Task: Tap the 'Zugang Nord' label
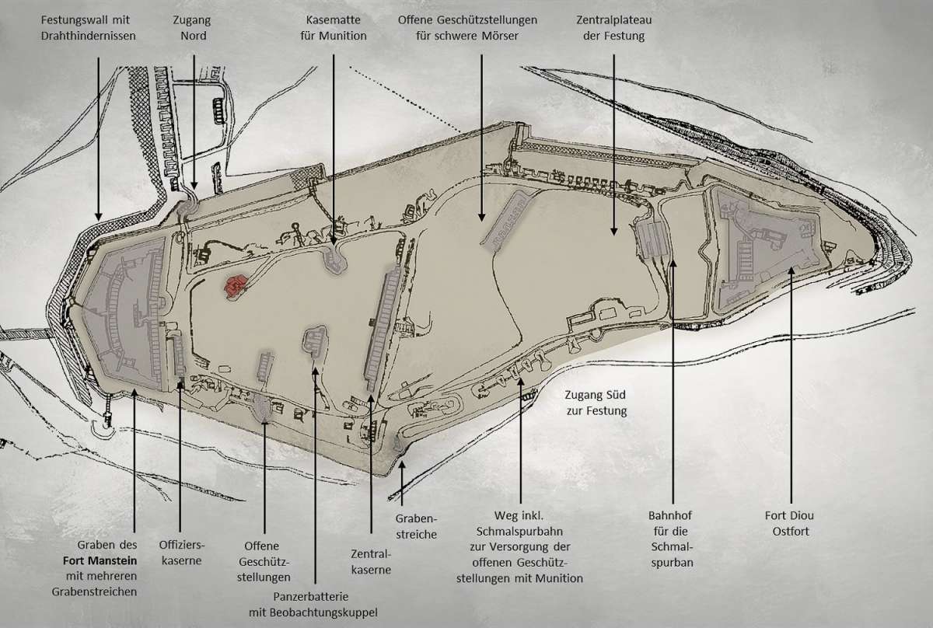193,27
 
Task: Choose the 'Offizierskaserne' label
180,552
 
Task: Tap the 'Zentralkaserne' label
372,561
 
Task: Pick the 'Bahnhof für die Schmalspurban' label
670,539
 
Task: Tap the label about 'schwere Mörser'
478,27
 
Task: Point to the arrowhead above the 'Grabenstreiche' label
401,465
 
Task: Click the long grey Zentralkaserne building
381,326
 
